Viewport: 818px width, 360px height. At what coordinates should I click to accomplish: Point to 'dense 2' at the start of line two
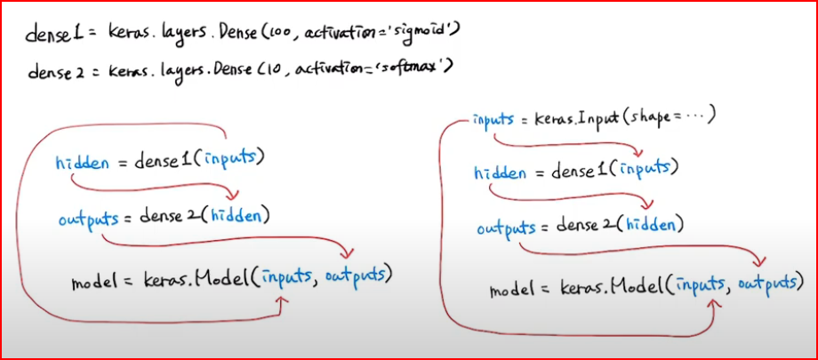tap(54, 69)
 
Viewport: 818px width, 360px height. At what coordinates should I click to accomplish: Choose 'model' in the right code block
tap(513, 289)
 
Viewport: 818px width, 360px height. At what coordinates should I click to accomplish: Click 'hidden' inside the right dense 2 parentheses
tap(654, 226)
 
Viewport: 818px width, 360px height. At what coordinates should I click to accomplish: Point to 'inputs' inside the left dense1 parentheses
tap(234, 160)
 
